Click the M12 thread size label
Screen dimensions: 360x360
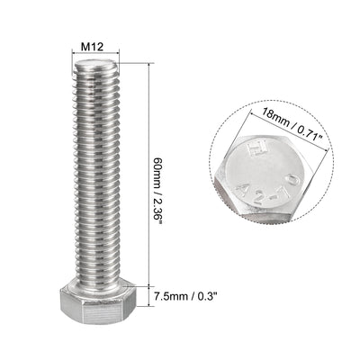[x=94, y=42]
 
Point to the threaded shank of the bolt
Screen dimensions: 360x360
[x=94, y=171]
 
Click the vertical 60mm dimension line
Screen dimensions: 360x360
[x=143, y=180]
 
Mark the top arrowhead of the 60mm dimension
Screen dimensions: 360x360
[x=143, y=61]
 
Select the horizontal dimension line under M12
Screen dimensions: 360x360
[x=94, y=53]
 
